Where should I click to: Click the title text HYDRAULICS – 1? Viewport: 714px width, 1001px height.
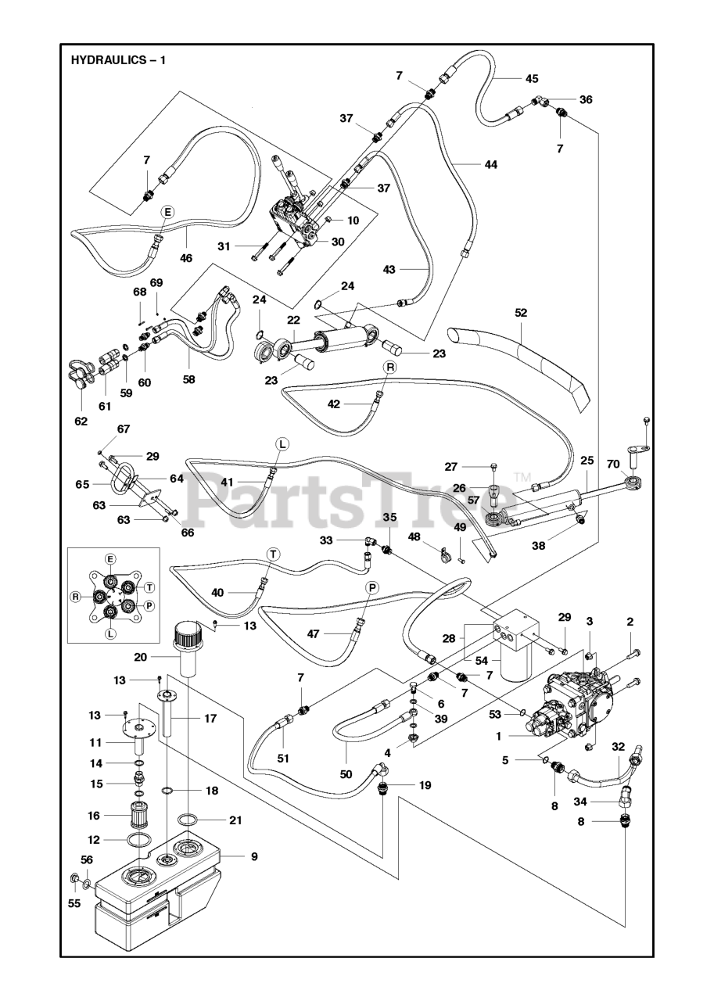117,59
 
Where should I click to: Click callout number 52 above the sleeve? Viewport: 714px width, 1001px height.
521,312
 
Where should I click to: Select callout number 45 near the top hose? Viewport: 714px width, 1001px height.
531,78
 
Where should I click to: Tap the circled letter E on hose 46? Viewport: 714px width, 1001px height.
167,212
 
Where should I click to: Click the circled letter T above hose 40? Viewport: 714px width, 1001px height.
272,554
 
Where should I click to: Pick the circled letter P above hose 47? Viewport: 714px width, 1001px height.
372,587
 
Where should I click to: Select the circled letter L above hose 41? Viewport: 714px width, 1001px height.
282,443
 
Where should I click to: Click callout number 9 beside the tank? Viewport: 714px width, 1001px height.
253,856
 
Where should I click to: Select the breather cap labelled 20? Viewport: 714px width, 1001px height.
188,638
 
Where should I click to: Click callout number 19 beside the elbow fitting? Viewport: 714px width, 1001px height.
425,784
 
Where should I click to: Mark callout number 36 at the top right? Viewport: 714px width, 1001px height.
585,99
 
